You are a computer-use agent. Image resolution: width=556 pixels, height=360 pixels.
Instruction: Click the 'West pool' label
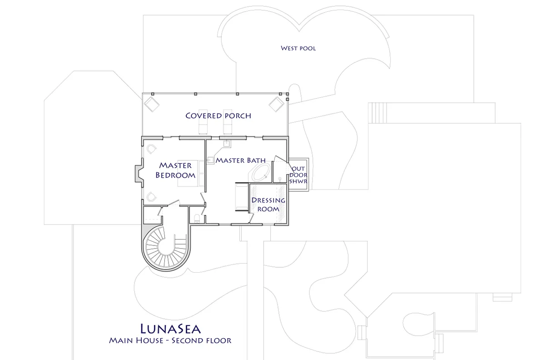(x=298, y=48)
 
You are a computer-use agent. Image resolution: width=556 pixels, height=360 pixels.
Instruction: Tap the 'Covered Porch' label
(x=218, y=116)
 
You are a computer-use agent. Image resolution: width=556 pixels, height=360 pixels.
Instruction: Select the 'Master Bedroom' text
(x=175, y=170)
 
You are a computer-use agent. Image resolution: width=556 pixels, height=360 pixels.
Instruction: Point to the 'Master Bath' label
(x=241, y=160)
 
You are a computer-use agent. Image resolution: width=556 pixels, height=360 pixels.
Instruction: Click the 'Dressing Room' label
(x=268, y=205)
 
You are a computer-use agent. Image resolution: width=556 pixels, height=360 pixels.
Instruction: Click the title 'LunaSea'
(x=170, y=328)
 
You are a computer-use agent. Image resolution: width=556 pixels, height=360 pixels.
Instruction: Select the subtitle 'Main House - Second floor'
(x=170, y=340)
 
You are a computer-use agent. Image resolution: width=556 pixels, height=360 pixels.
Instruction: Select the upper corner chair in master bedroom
(x=151, y=149)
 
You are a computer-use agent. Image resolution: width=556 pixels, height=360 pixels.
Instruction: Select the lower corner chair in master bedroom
(x=150, y=196)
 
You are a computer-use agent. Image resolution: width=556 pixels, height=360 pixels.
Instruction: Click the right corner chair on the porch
(x=276, y=104)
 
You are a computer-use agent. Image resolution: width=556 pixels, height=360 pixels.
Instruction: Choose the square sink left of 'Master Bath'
(x=211, y=160)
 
